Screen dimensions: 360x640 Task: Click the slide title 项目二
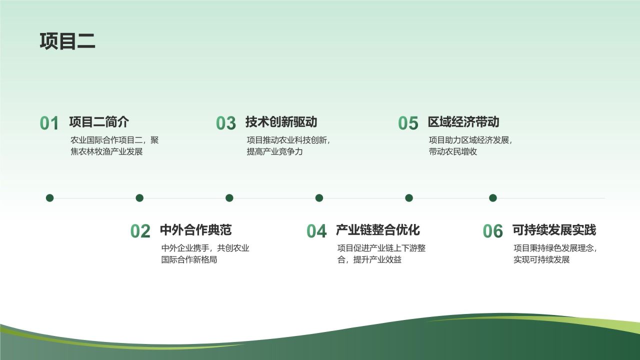click(x=67, y=41)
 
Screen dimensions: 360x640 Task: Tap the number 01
click(x=49, y=123)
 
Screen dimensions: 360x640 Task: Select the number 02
click(x=140, y=231)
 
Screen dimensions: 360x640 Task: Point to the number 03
click(x=226, y=123)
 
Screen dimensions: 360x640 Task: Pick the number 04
click(x=316, y=231)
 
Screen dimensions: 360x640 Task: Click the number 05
click(x=408, y=123)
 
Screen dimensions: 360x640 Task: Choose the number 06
click(x=492, y=231)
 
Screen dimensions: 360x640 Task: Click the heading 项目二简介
click(x=99, y=122)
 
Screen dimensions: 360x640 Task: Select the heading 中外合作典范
click(x=195, y=230)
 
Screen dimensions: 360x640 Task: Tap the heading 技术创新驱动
click(x=281, y=122)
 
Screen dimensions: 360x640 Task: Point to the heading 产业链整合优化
click(x=377, y=230)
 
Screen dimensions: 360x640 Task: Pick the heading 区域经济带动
click(x=463, y=122)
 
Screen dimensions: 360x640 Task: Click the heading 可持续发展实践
click(x=554, y=230)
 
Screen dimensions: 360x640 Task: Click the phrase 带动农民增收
click(x=453, y=151)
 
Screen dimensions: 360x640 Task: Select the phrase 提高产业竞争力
click(x=274, y=151)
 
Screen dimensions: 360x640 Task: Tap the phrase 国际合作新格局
click(x=189, y=259)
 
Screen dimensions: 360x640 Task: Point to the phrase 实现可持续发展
click(x=541, y=259)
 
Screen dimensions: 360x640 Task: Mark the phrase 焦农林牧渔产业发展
click(x=106, y=151)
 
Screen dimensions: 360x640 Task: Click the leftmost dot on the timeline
click(x=49, y=198)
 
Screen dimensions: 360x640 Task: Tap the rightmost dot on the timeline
click(x=492, y=198)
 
